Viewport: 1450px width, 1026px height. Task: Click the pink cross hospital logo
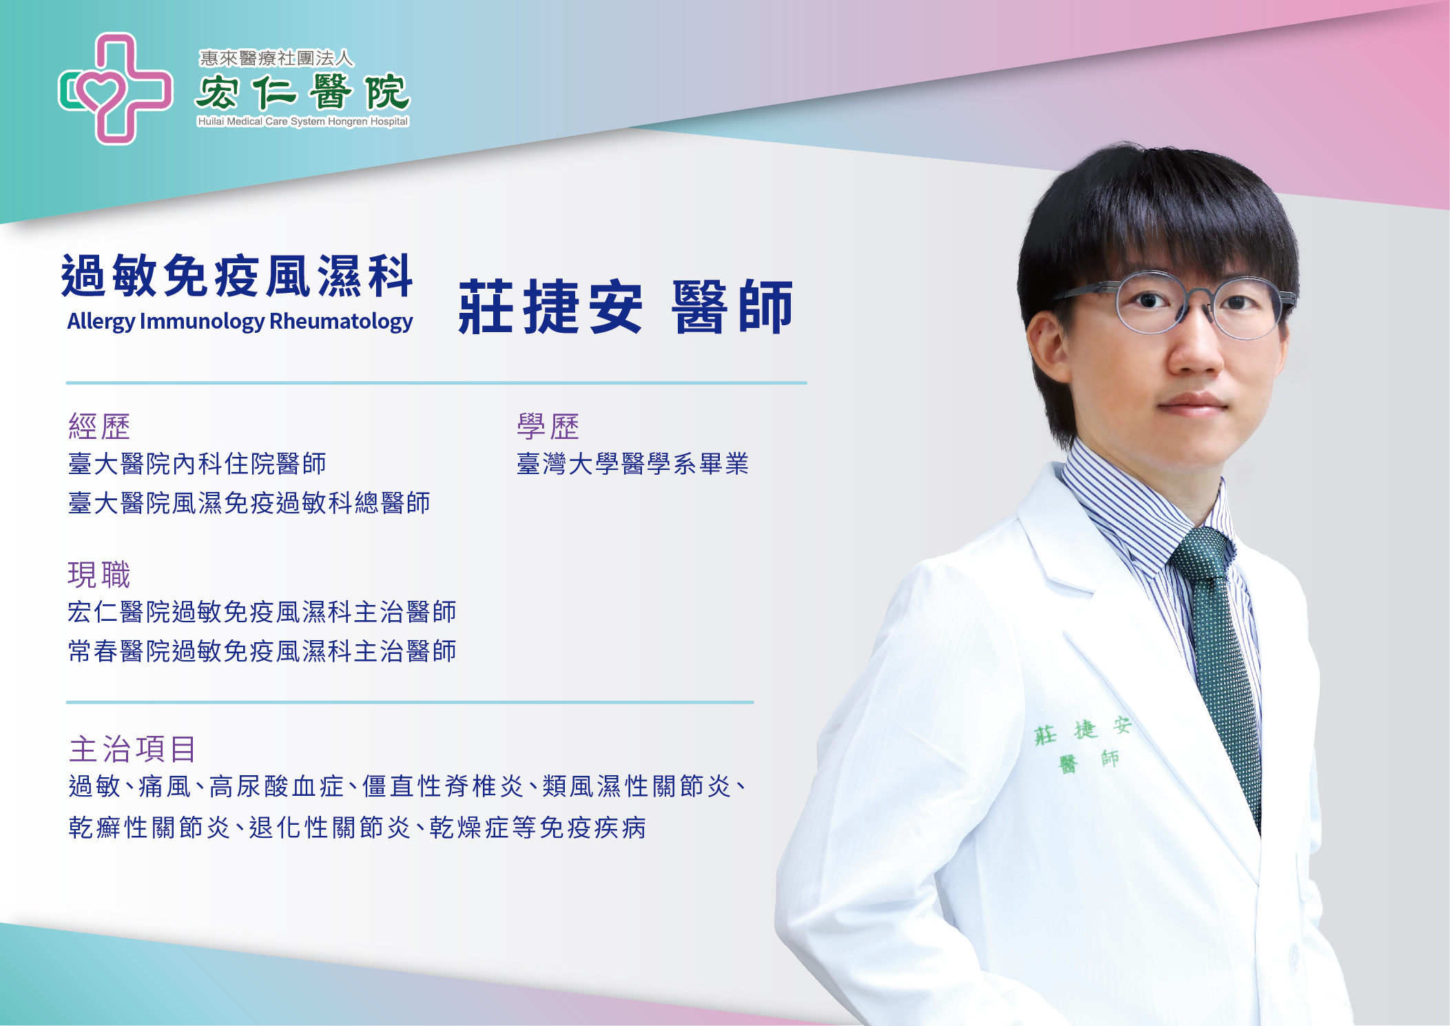pyautogui.click(x=115, y=89)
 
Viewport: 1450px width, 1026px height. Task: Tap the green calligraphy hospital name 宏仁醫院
pyautogui.click(x=302, y=92)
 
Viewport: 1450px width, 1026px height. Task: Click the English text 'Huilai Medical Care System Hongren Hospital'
pyautogui.click(x=303, y=121)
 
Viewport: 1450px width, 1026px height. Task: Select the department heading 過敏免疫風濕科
pyautogui.click(x=237, y=276)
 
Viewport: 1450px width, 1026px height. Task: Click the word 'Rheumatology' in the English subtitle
pyautogui.click(x=341, y=321)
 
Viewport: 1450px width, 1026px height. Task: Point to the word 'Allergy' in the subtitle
pyautogui.click(x=101, y=321)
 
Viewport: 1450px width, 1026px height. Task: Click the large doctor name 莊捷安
pyautogui.click(x=550, y=307)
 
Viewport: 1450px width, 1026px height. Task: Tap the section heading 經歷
pyautogui.click(x=99, y=427)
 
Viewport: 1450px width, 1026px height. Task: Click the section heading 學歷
pyautogui.click(x=548, y=427)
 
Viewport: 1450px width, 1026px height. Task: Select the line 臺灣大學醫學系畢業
pyautogui.click(x=632, y=464)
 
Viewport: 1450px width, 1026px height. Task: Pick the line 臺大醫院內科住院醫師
pyautogui.click(x=197, y=464)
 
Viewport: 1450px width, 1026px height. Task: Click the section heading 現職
pyautogui.click(x=99, y=575)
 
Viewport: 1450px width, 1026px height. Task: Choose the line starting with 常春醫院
pyautogui.click(x=262, y=651)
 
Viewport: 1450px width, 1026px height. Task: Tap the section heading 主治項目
pyautogui.click(x=132, y=749)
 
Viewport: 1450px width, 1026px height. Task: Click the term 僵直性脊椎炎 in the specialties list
pyautogui.click(x=443, y=786)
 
